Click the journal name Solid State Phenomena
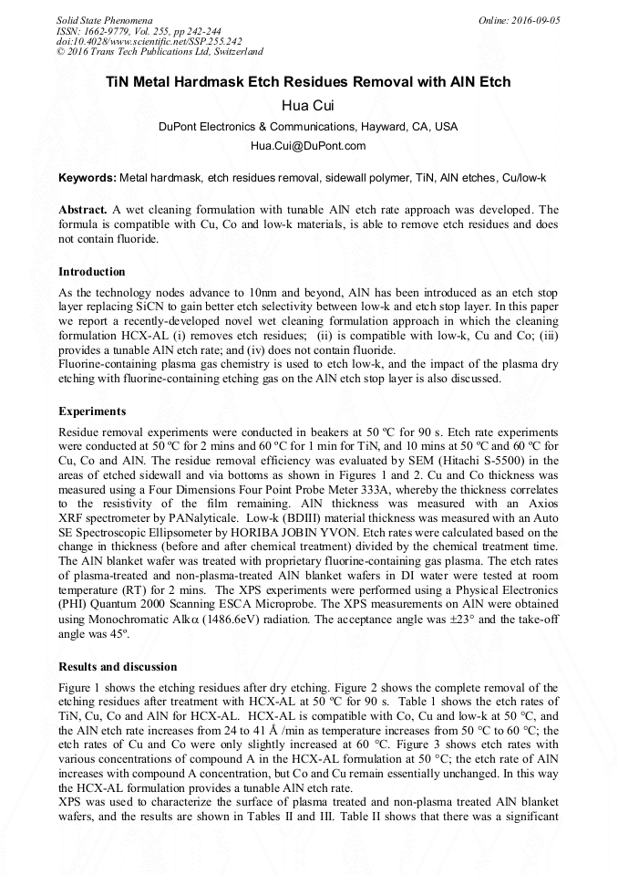coord(104,20)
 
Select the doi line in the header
coord(149,41)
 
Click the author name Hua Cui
coord(308,106)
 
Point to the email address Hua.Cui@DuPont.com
coord(308,146)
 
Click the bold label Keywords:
coord(87,177)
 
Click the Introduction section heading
coord(92,272)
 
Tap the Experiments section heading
coord(92,411)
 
